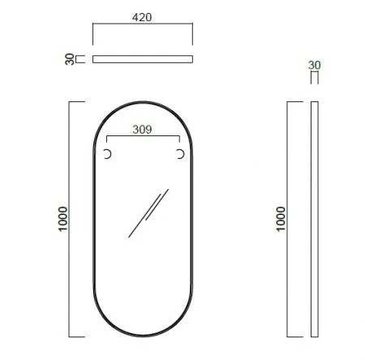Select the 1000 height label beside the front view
(x=64, y=220)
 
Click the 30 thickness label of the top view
(x=70, y=58)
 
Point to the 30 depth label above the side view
(x=315, y=63)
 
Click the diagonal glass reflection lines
(x=148, y=212)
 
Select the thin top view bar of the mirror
(x=143, y=58)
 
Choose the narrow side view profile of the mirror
(x=315, y=219)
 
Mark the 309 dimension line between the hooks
(x=143, y=135)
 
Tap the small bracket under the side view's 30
(x=315, y=77)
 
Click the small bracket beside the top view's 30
(x=80, y=58)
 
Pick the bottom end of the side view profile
(x=315, y=334)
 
